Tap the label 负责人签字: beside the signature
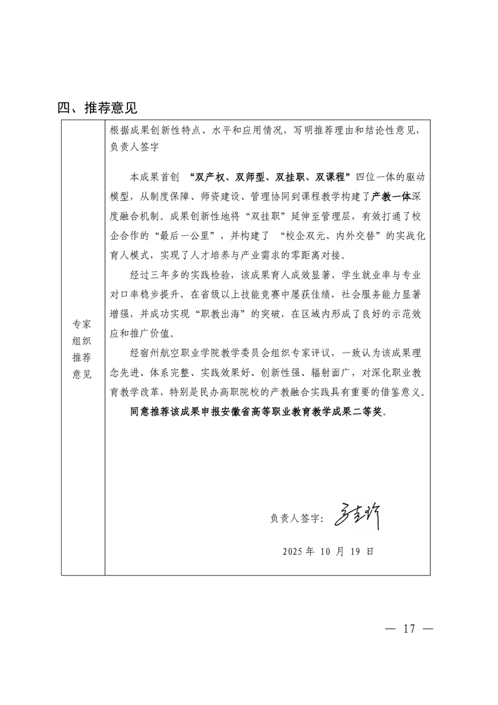(295, 519)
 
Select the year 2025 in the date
(293, 551)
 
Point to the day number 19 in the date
(356, 551)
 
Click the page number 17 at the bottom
(409, 629)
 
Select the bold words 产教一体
(391, 196)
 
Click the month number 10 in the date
(325, 551)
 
